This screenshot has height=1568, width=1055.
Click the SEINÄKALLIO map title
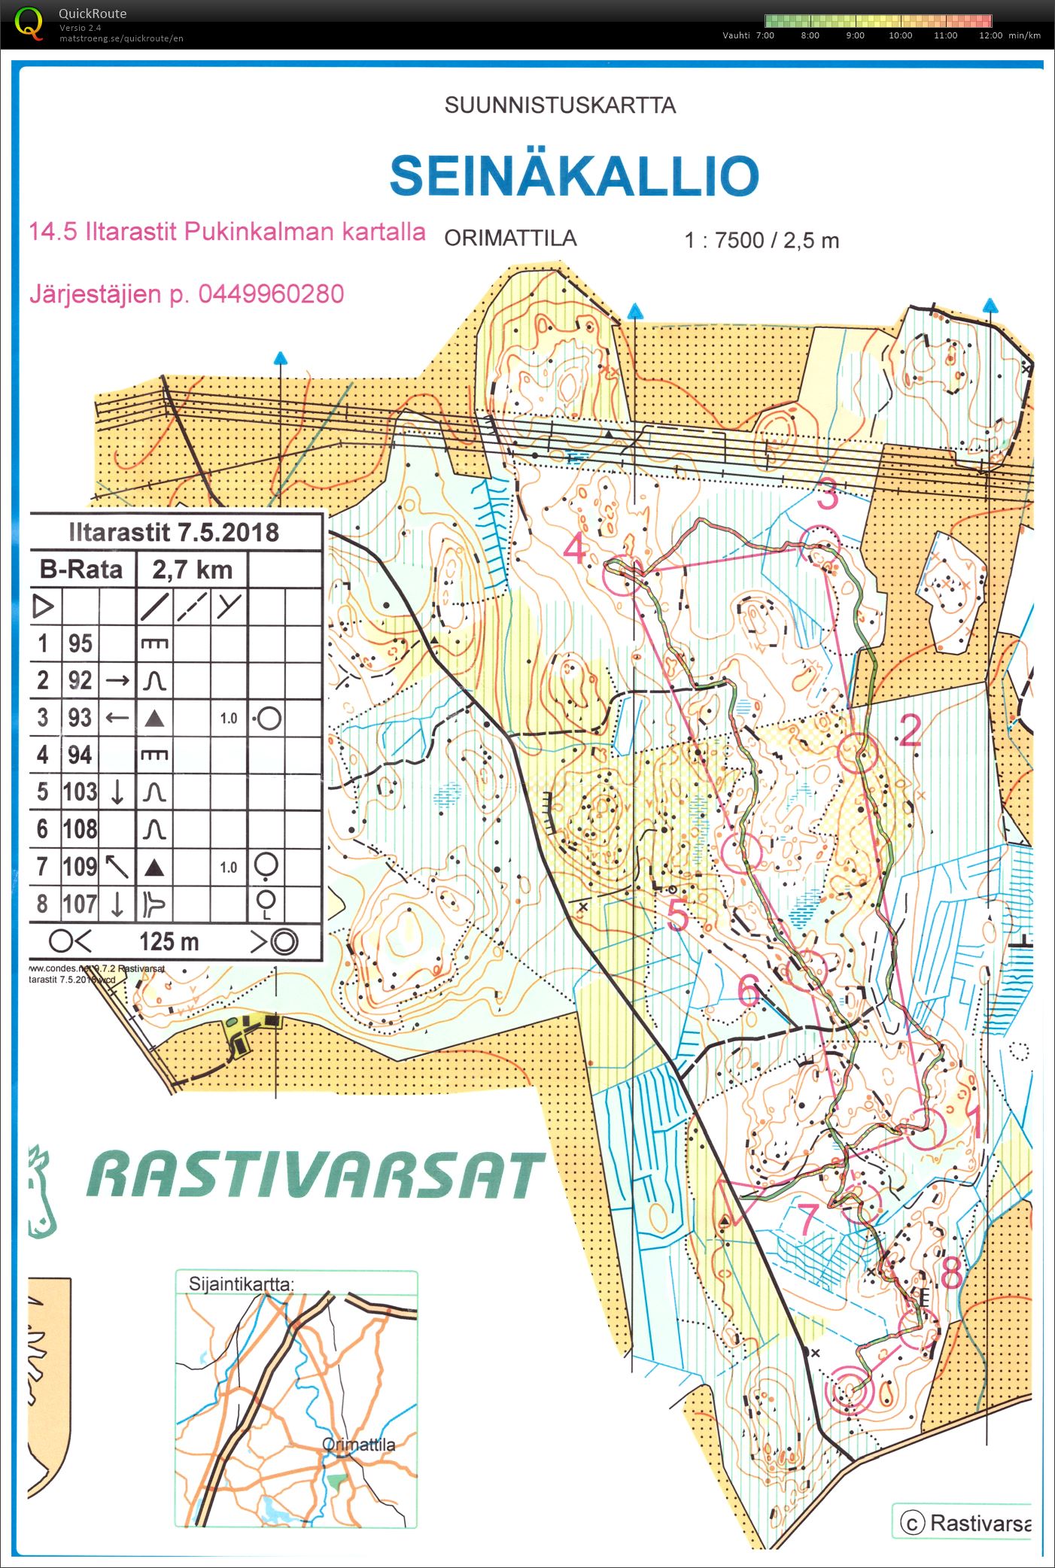tap(574, 175)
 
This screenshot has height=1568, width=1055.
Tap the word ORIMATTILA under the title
tap(510, 239)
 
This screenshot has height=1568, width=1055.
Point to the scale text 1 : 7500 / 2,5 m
tap(761, 241)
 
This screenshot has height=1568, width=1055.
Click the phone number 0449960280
tap(271, 294)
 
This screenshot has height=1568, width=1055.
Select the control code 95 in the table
tap(81, 643)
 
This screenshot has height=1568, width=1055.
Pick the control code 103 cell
tap(80, 792)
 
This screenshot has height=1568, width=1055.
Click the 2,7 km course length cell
tap(192, 570)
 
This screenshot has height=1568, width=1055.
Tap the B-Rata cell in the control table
tap(81, 570)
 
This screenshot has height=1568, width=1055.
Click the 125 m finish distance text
tap(169, 941)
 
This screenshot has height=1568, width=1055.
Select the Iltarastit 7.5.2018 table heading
tap(174, 533)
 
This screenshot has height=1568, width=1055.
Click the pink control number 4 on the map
tap(575, 548)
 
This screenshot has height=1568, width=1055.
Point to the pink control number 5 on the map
tap(677, 915)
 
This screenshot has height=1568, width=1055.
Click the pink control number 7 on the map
tap(807, 1219)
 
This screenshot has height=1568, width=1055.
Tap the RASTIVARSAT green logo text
tap(316, 1176)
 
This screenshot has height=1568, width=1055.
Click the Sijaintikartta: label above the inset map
tap(241, 1284)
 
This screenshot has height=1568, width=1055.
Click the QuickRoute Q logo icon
tap(29, 23)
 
